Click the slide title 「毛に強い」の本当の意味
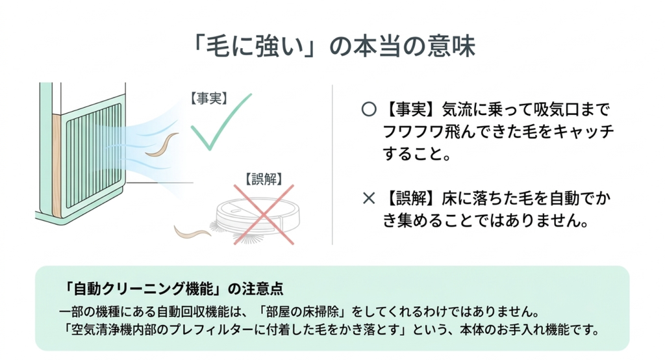pyautogui.click(x=333, y=46)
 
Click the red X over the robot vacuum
pyautogui.click(x=264, y=214)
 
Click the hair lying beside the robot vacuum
pyautogui.click(x=192, y=233)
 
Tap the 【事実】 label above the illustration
pyautogui.click(x=208, y=99)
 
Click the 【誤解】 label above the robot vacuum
pyautogui.click(x=264, y=179)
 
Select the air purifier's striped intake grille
pyautogui.click(x=94, y=157)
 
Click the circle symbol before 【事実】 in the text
pyautogui.click(x=369, y=110)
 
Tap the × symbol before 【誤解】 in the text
pyautogui.click(x=369, y=198)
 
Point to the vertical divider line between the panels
pyautogui.click(x=332, y=164)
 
